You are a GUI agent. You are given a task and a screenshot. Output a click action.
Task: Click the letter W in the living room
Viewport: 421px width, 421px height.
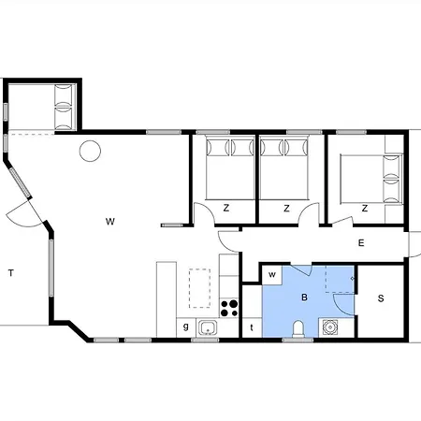click(x=109, y=222)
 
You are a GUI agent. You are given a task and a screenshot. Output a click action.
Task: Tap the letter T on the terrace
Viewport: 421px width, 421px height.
click(x=11, y=273)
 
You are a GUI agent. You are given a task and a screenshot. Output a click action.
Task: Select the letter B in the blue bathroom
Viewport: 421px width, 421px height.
click(x=303, y=297)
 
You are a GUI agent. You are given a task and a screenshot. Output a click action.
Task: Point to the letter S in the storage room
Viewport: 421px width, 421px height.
click(x=381, y=298)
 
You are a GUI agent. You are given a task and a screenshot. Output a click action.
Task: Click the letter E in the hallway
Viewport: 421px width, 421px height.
click(x=360, y=243)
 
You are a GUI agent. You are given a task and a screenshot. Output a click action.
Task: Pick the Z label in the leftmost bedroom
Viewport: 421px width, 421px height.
click(x=226, y=208)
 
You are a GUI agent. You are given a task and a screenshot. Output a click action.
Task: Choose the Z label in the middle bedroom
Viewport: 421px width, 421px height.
click(x=286, y=208)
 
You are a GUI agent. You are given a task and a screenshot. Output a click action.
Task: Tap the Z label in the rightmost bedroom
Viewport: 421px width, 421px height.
click(x=363, y=208)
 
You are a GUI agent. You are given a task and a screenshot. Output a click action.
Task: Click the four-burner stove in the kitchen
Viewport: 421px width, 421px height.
click(x=229, y=305)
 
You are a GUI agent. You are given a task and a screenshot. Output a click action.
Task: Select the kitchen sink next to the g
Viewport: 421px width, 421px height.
click(x=208, y=327)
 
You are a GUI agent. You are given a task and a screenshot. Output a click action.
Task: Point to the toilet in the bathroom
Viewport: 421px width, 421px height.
click(x=298, y=327)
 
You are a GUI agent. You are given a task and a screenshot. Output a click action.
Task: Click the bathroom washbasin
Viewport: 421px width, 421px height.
click(x=330, y=327)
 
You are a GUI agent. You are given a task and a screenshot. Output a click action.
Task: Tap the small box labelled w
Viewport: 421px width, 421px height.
click(x=271, y=274)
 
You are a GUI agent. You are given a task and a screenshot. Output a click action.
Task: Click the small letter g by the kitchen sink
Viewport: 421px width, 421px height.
click(x=186, y=327)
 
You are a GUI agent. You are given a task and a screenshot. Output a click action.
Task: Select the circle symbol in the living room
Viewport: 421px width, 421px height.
click(x=90, y=150)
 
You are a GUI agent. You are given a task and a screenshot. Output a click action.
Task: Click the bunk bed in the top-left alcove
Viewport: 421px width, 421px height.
click(x=64, y=106)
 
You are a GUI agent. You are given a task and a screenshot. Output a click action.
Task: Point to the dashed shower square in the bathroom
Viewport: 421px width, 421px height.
click(x=340, y=279)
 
